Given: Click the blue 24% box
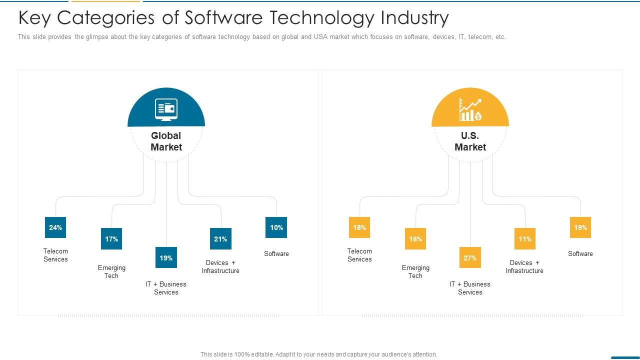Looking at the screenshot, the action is [x=55, y=227].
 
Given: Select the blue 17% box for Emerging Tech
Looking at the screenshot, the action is [x=111, y=238].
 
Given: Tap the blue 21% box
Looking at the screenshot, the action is [x=220, y=238].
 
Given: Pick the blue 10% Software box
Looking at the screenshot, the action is [x=276, y=227].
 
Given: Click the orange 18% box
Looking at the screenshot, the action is [x=359, y=227].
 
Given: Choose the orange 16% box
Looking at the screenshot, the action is [x=415, y=238].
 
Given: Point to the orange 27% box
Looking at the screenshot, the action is [x=470, y=257].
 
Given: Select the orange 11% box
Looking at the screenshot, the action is [x=525, y=238].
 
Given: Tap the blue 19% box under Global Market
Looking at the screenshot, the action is [x=166, y=257].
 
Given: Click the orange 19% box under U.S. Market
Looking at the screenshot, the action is [x=580, y=227].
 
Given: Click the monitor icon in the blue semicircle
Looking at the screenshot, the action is [x=166, y=109].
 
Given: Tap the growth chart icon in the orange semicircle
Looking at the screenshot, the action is [x=470, y=109].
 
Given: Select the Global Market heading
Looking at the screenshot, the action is [x=166, y=141].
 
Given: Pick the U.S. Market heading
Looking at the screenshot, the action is [x=470, y=141].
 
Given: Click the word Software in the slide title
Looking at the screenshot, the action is [x=223, y=17].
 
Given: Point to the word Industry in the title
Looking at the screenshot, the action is [x=414, y=18].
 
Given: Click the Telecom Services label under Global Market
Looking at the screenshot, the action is [x=55, y=255].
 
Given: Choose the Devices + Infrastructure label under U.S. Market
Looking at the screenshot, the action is [x=524, y=266].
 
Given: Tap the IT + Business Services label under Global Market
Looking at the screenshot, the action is [x=166, y=288].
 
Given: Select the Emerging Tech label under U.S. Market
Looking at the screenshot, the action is [x=415, y=271].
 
